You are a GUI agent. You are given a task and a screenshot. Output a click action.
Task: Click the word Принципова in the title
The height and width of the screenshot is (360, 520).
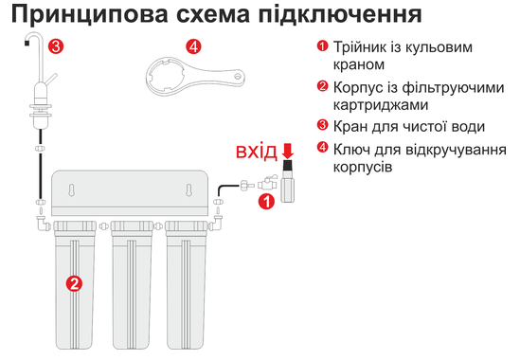point(90,15)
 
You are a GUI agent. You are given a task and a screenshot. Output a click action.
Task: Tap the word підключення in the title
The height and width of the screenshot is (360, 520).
point(340,15)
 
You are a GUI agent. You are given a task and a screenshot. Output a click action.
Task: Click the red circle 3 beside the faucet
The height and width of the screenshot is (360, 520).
point(56,46)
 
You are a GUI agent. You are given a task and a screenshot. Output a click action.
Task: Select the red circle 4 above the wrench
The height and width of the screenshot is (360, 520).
point(193,46)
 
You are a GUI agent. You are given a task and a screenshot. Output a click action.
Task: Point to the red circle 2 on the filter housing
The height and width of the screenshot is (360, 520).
point(74,283)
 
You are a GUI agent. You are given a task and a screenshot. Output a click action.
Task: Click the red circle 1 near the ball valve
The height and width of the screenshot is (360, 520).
point(266,202)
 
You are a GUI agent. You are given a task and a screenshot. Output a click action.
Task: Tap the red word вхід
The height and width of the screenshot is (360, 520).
point(256,152)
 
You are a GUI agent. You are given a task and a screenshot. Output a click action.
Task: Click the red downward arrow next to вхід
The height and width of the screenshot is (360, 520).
point(288,151)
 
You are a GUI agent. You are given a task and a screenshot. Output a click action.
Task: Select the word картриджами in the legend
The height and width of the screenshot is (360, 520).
point(381,105)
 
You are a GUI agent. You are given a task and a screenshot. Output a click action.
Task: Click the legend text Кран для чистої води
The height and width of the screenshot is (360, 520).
point(408,127)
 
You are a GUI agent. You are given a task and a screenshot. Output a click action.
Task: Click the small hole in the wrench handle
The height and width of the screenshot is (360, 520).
point(237,76)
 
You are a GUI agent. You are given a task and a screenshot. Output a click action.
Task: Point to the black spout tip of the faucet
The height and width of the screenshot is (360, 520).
point(27,43)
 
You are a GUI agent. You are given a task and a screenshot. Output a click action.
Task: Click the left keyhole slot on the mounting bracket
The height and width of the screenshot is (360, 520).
point(71,189)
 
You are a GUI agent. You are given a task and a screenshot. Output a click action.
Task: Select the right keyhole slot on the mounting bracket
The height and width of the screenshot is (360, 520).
point(188,189)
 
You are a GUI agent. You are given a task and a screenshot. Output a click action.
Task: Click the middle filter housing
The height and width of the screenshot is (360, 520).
point(132,285)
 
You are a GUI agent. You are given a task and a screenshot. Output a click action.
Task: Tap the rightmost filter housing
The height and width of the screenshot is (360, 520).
point(186,285)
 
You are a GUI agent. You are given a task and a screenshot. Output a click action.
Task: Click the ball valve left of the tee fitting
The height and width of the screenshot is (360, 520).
point(267,184)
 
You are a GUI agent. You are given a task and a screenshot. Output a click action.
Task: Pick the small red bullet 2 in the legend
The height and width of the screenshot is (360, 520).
point(322,86)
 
